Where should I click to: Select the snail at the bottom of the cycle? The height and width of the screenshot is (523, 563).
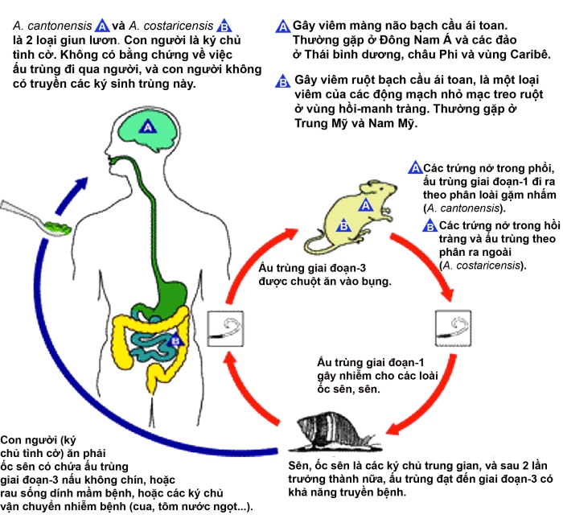326,434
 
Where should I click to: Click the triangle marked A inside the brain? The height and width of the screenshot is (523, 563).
147,126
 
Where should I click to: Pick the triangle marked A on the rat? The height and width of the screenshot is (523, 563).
364,205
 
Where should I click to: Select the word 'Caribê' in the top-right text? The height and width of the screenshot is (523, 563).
528,54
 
